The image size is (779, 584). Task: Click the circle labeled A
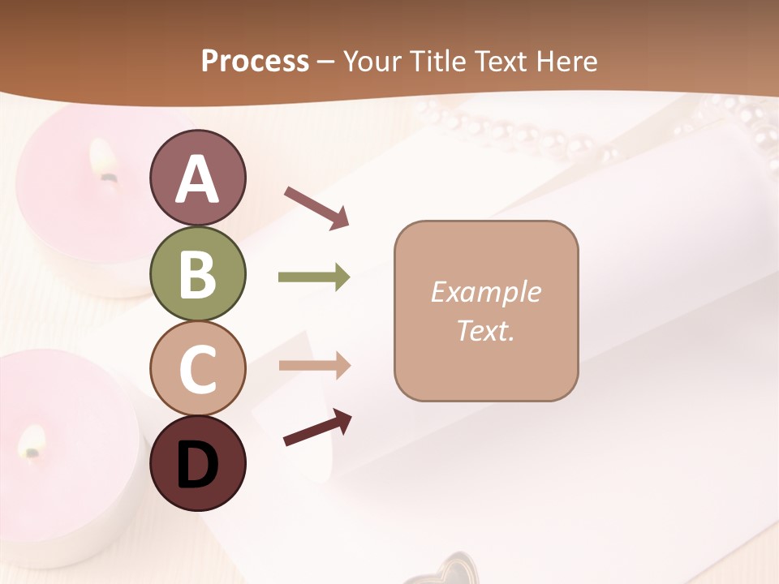point(198,178)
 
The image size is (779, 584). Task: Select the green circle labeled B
point(198,273)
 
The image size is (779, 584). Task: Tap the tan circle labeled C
point(198,368)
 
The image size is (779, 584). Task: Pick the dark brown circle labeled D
point(198,463)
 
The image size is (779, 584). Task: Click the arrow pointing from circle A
point(316,207)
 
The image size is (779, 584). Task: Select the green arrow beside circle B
point(314,277)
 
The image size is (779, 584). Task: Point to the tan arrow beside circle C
point(314,366)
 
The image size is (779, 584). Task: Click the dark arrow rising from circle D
point(317,427)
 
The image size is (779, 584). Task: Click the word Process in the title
point(255,61)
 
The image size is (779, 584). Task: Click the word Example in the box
point(485,292)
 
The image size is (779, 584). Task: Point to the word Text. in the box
point(485,330)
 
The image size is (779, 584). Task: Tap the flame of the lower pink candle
point(33,441)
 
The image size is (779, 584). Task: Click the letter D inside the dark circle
point(198,465)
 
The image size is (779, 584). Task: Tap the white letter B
point(198,274)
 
